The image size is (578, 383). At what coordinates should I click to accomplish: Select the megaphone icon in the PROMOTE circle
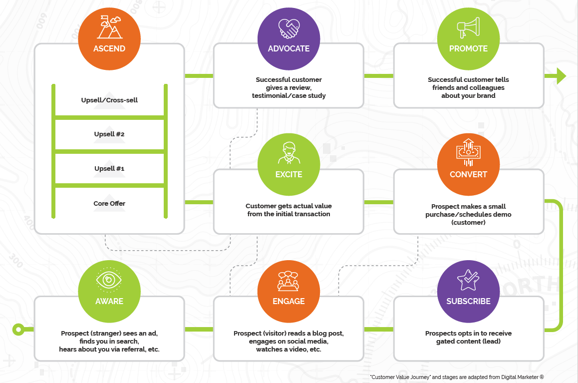click(x=468, y=28)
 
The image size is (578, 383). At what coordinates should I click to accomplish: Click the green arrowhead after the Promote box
click(x=561, y=76)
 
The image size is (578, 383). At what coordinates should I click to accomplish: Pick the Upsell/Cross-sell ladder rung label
click(x=109, y=100)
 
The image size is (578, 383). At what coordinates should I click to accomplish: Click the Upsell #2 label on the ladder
click(x=109, y=134)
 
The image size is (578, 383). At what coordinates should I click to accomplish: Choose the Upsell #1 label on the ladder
click(x=109, y=169)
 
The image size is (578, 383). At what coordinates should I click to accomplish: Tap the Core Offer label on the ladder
click(x=109, y=203)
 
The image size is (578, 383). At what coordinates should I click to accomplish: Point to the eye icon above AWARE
click(x=109, y=281)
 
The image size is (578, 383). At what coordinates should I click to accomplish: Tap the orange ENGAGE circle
click(x=289, y=291)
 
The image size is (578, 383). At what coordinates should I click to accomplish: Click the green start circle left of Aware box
click(x=18, y=329)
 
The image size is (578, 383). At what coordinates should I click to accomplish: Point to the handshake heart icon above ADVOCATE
click(x=289, y=28)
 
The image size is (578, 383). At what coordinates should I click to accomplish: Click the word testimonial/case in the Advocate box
click(x=275, y=95)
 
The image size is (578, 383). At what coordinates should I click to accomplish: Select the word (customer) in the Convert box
click(x=468, y=222)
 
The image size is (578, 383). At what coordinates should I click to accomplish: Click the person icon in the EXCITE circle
click(x=289, y=153)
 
